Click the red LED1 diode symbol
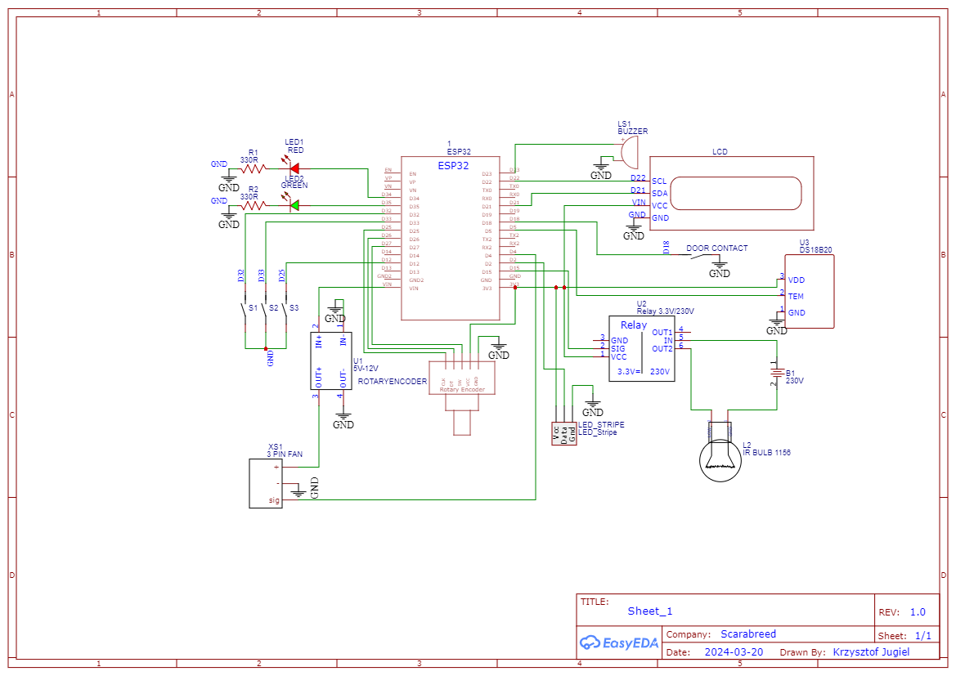click(x=294, y=169)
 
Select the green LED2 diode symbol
click(x=294, y=204)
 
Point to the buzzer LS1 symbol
click(x=627, y=150)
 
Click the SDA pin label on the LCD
click(x=659, y=193)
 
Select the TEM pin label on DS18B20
click(x=796, y=296)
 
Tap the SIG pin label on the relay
click(x=618, y=348)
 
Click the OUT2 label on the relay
click(x=662, y=349)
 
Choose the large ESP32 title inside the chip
click(x=453, y=165)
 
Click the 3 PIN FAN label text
click(x=285, y=453)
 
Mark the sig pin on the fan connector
click(x=275, y=499)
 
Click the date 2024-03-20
click(x=733, y=652)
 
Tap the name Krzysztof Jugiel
click(x=871, y=652)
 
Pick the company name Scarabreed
click(x=747, y=634)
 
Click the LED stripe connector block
click(x=563, y=433)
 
